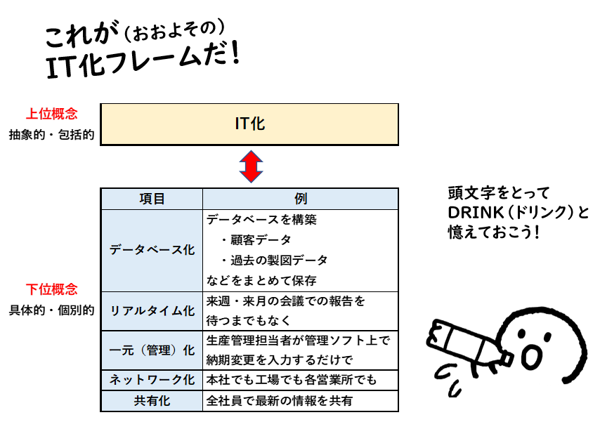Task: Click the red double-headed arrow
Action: point(250,166)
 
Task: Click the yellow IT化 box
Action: point(249,124)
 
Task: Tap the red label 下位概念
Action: point(51,289)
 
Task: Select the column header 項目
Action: point(152,199)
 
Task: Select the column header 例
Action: point(300,199)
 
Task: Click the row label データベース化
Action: point(152,250)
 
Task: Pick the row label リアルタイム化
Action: point(152,311)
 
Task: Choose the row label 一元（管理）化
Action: point(152,350)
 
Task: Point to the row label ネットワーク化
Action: point(152,380)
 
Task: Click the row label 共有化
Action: point(152,401)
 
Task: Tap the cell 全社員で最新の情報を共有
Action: point(280,401)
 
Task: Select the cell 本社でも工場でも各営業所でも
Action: point(292,380)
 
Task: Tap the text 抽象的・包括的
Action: point(51,134)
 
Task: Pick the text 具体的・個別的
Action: point(51,310)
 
